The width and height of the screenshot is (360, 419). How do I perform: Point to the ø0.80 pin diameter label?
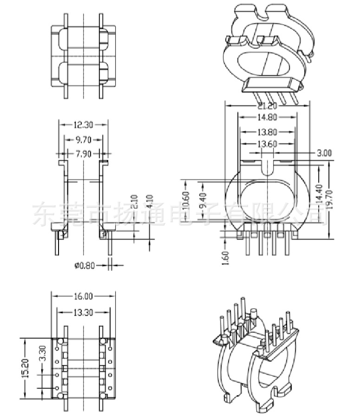pyautogui.click(x=85, y=265)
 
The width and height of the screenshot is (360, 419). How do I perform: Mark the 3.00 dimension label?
pyautogui.click(x=324, y=152)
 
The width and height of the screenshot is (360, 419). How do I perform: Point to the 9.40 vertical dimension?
pyautogui.click(x=202, y=203)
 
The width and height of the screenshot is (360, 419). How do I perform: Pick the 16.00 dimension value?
pyautogui.click(x=83, y=296)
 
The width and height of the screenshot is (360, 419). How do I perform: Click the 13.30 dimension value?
pyautogui.click(x=83, y=312)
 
